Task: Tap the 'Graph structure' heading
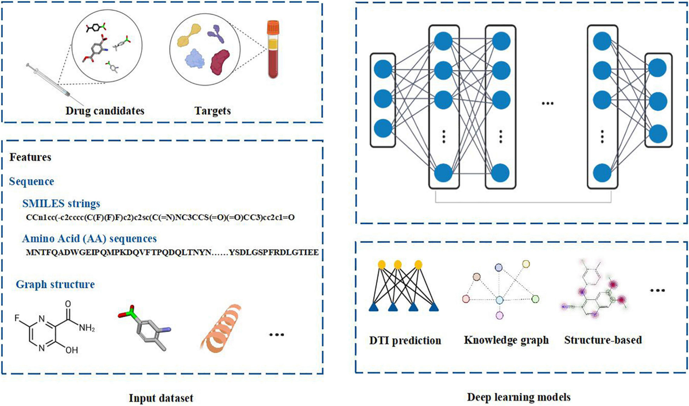[55, 284]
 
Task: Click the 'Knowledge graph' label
[506, 341]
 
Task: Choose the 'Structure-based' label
[603, 341]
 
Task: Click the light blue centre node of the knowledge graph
[500, 300]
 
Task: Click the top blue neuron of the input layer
[383, 69]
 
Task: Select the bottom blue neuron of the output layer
[657, 133]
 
